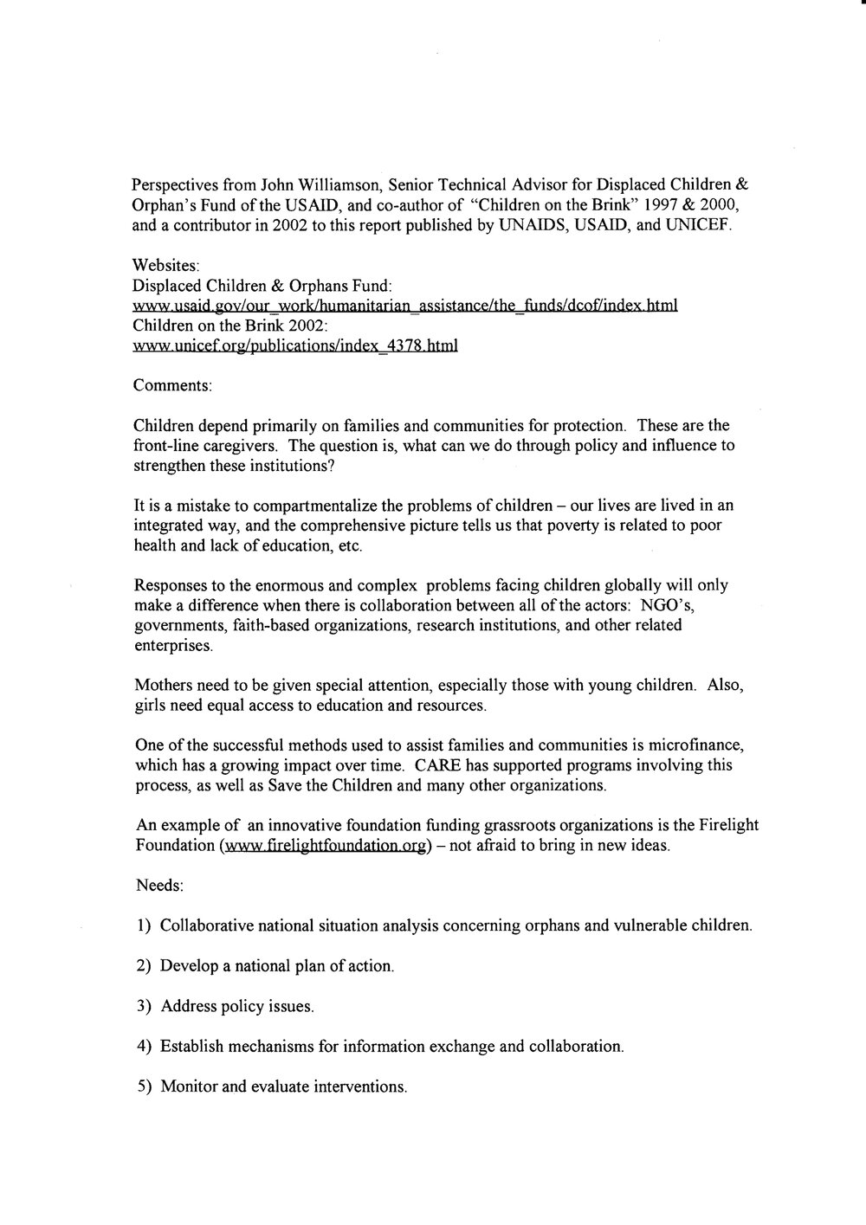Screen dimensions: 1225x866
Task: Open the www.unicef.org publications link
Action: [294, 346]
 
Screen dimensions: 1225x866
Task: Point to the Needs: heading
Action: [158, 886]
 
